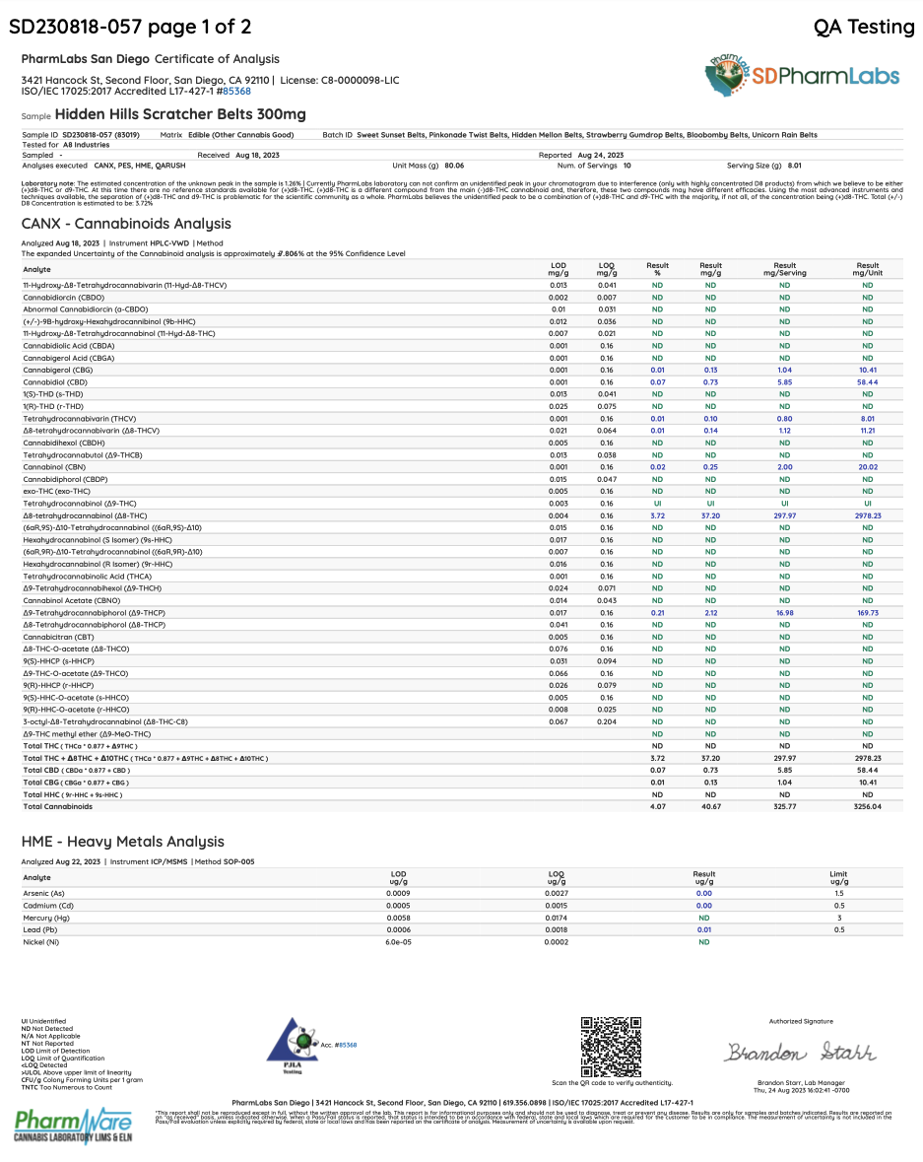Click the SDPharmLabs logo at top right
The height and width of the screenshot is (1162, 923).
[x=802, y=75]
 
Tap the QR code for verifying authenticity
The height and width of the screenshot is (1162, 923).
[x=612, y=1047]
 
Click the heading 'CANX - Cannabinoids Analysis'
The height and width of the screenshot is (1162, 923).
[x=126, y=224]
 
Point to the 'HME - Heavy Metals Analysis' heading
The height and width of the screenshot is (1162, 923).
[x=122, y=842]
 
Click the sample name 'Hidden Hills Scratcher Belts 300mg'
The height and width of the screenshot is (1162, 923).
[x=180, y=114]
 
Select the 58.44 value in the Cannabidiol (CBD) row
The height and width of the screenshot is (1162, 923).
[x=867, y=381]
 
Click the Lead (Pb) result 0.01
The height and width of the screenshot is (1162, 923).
[x=703, y=929]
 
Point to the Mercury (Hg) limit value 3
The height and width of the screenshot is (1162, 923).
[x=838, y=918]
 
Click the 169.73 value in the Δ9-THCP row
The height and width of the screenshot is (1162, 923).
[x=867, y=612]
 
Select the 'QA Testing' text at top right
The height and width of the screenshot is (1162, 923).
[x=864, y=28]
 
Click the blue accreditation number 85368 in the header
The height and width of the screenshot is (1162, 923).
[x=236, y=91]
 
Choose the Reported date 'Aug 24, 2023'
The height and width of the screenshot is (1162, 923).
[x=600, y=155]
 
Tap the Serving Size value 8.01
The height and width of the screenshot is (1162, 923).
[x=795, y=166]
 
